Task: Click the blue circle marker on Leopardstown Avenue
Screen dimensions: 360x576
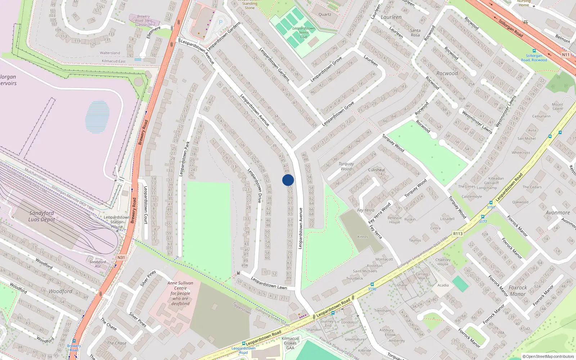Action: click(x=288, y=180)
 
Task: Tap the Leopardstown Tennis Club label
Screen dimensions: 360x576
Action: click(x=303, y=32)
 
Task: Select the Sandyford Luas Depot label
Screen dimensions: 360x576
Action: click(x=41, y=216)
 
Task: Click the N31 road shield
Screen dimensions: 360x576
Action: click(x=121, y=257)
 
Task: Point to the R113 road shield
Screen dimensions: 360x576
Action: click(x=458, y=234)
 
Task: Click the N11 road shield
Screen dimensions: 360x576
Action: click(x=566, y=55)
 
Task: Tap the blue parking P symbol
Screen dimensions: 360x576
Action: click(x=221, y=22)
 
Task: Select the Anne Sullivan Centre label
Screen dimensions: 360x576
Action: click(x=180, y=293)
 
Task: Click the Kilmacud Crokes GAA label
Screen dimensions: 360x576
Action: click(x=290, y=343)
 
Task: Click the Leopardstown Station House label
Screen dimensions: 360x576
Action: click(x=117, y=222)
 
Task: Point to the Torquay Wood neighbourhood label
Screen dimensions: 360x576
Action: click(x=346, y=166)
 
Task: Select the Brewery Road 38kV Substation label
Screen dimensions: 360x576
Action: click(x=143, y=21)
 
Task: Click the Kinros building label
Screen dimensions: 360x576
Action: click(x=363, y=237)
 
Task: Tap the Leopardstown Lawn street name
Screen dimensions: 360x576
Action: click(x=269, y=283)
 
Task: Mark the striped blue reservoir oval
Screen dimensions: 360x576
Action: click(x=97, y=117)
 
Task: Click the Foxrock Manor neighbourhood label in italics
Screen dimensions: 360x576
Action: click(x=518, y=291)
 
